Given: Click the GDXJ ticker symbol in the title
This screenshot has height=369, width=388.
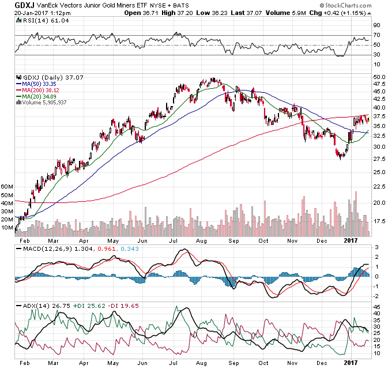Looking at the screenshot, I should tap(24, 6).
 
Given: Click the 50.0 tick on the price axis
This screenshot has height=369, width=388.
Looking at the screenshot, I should tap(379, 76).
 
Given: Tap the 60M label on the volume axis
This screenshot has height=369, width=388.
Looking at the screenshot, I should tap(7, 187).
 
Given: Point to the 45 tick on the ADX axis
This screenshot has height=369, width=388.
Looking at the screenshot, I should tap(376, 307).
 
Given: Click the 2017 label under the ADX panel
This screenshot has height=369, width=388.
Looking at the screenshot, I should tap(348, 364).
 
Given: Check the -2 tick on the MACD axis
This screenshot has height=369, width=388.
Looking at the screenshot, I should tap(376, 295).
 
